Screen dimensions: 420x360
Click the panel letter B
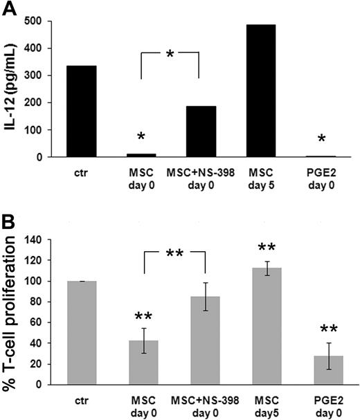click(10, 224)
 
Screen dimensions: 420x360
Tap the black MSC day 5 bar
click(260, 91)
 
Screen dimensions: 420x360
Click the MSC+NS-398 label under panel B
click(200, 399)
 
